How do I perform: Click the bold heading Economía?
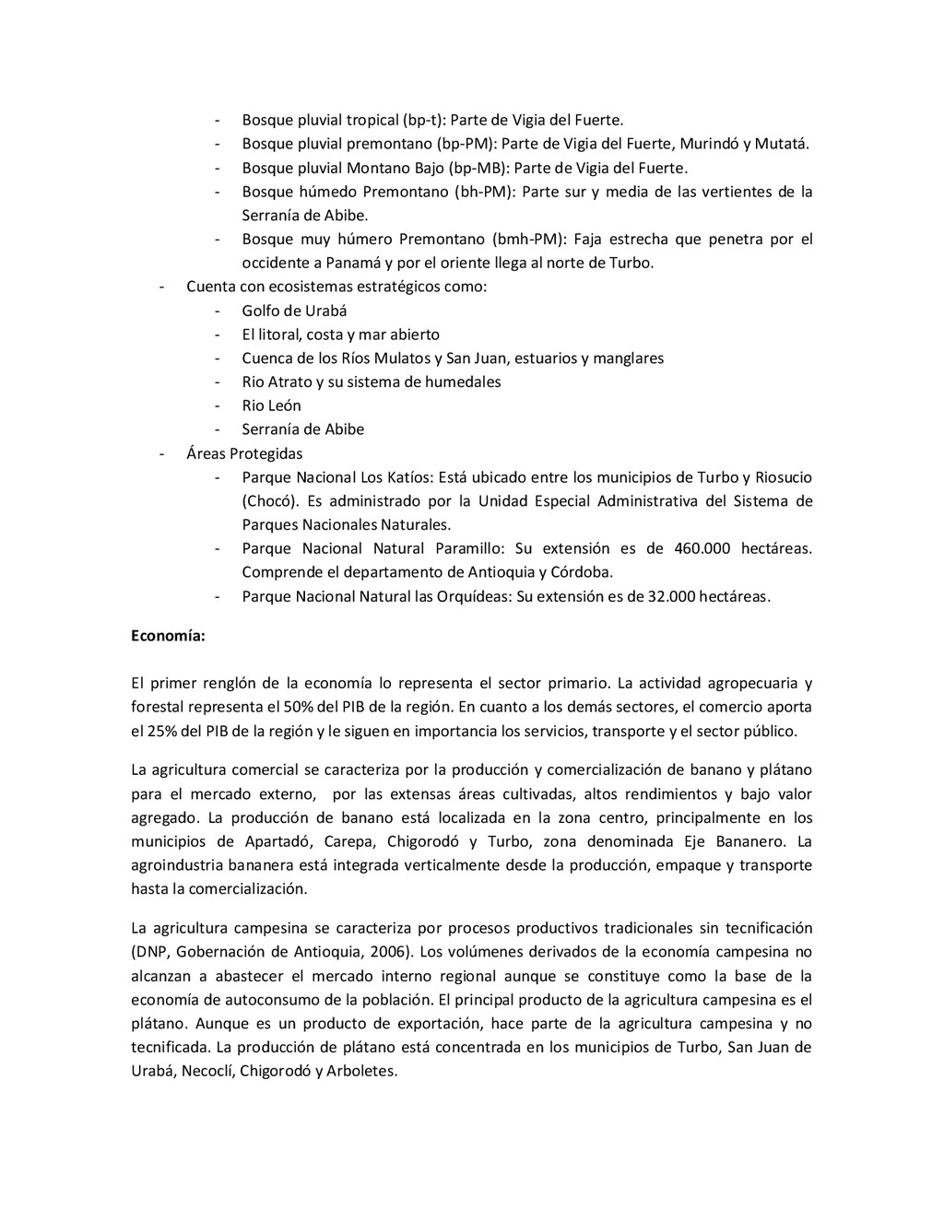pos(169,635)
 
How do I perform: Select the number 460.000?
pos(702,548)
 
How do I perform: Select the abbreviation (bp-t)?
pos(424,120)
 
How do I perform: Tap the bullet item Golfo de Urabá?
pos(294,311)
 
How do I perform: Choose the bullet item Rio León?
pos(271,405)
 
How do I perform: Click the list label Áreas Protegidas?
pos(244,453)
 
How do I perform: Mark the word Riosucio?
pos(784,477)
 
